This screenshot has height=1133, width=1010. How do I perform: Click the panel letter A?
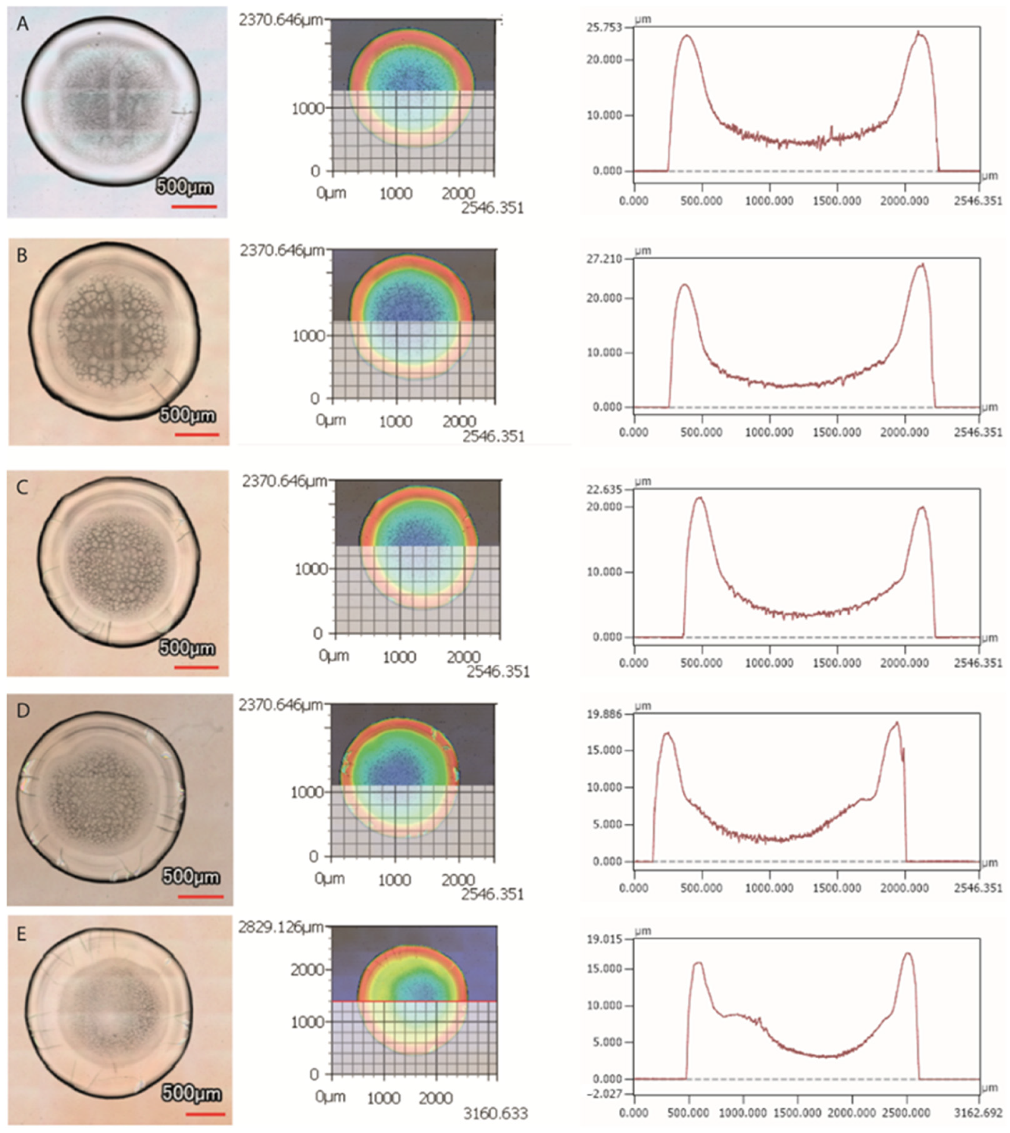coord(22,24)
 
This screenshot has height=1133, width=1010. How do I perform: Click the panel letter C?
coord(22,488)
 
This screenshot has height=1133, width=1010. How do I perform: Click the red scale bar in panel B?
coord(196,434)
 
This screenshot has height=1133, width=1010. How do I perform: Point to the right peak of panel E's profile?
coord(908,954)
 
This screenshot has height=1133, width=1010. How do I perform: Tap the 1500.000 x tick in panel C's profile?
coord(837,663)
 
